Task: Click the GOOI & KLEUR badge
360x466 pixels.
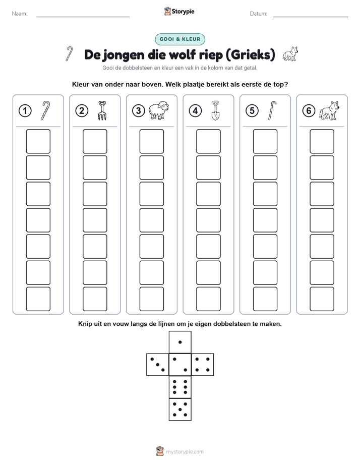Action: tap(179, 39)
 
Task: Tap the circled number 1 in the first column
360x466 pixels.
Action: tap(25, 111)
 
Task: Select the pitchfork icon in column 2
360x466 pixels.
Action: tap(102, 110)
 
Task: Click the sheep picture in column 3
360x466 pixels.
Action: tap(159, 110)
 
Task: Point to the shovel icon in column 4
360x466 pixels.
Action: tap(216, 110)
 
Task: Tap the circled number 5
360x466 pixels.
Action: tap(252, 111)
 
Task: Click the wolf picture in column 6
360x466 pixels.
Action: tap(329, 110)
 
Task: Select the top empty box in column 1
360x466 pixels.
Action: tap(38, 141)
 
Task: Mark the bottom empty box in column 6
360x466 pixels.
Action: tap(322, 299)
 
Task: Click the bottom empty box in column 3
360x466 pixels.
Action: tap(151, 299)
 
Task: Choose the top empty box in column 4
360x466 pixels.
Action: tap(208, 141)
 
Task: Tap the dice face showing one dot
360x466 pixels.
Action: tap(180, 342)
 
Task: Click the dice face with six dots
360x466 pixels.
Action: tap(180, 387)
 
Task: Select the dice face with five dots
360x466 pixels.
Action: tap(180, 410)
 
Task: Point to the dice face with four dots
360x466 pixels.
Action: tap(203, 365)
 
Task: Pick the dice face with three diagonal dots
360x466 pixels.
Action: tap(158, 365)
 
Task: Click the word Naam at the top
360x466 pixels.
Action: tap(20, 14)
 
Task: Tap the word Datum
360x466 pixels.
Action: tap(259, 14)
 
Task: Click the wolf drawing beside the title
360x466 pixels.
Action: tap(290, 54)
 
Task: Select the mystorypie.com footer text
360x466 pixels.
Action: tap(185, 452)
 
